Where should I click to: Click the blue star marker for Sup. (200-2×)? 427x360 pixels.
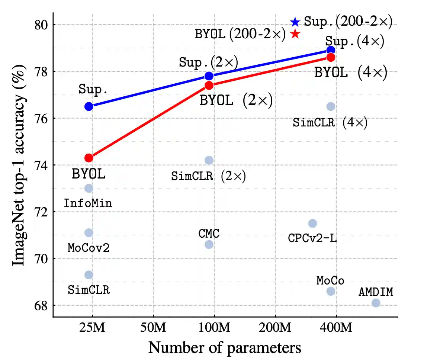click(295, 22)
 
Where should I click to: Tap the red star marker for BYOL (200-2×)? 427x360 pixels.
click(295, 34)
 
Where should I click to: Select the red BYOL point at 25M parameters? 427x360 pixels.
click(89, 158)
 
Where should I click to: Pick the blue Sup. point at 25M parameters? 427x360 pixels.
click(89, 106)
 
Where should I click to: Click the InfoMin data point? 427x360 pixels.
click(89, 188)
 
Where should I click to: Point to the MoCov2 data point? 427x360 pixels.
click(89, 233)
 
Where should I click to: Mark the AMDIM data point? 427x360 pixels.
click(376, 303)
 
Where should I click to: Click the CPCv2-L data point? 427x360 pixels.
click(312, 223)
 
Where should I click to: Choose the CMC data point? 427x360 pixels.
click(209, 244)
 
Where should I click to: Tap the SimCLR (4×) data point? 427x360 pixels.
click(331, 106)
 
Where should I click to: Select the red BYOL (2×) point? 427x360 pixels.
click(209, 86)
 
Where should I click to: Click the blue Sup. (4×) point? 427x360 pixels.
click(331, 50)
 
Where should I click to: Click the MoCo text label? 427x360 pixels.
click(330, 280)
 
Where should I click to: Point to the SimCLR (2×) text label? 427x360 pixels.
click(209, 176)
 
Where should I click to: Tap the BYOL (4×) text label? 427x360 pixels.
click(351, 72)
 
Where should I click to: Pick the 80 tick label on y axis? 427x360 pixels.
click(38, 25)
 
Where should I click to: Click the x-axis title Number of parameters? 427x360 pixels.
click(225, 348)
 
